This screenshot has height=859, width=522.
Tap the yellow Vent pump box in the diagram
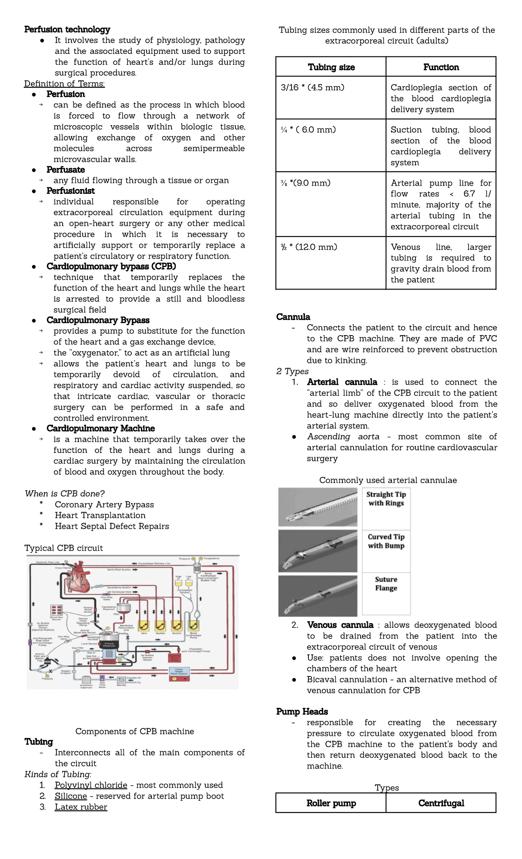pyautogui.click(x=144, y=626)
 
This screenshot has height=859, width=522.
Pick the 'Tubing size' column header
pyautogui.click(x=331, y=67)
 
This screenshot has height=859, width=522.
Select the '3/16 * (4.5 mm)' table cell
pyautogui.click(x=313, y=87)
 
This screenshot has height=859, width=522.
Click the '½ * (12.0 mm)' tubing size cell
pyautogui.click(x=309, y=247)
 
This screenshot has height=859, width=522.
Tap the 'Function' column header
pyautogui.click(x=441, y=67)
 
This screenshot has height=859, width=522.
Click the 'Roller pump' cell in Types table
pyautogui.click(x=331, y=803)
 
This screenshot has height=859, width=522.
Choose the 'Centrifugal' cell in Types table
pyautogui.click(x=441, y=803)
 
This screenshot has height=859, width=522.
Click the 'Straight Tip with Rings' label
pyautogui.click(x=386, y=499)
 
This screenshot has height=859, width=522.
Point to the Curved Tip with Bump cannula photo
pyautogui.click(x=318, y=550)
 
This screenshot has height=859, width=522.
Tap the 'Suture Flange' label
pyautogui.click(x=386, y=584)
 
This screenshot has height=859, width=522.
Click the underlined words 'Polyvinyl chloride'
pyautogui.click(x=91, y=785)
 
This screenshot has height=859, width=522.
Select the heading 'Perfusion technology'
pyautogui.click(x=67, y=29)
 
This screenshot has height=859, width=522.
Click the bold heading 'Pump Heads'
pyautogui.click(x=302, y=711)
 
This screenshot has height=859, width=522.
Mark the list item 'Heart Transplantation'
pyautogui.click(x=100, y=515)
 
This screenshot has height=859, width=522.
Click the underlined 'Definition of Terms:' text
pyautogui.click(x=64, y=83)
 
